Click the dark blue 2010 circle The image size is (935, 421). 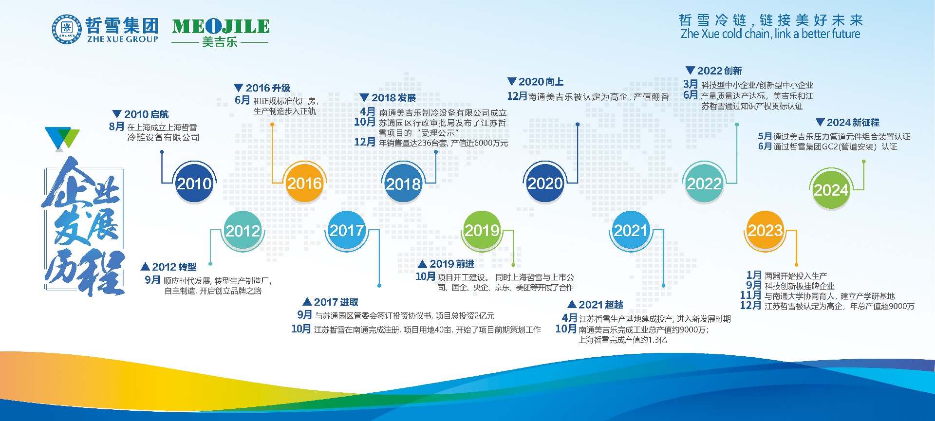[194, 183]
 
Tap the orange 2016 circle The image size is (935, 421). [304, 183]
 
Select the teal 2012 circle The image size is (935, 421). [243, 230]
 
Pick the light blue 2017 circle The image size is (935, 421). [347, 230]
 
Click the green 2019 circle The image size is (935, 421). [482, 230]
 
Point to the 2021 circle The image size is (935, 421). [630, 230]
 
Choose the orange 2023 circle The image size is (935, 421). [765, 230]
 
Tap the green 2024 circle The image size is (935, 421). [831, 189]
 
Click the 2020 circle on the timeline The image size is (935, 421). [545, 183]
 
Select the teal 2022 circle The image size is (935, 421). [704, 183]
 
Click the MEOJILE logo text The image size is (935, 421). [221, 26]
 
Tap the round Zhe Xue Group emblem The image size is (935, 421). [67, 29]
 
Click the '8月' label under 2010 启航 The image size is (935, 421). [116, 127]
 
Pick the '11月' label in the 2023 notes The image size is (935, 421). [750, 295]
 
